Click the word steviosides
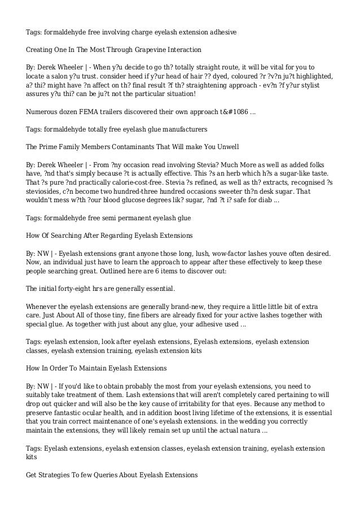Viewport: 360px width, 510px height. (x=45, y=191)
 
